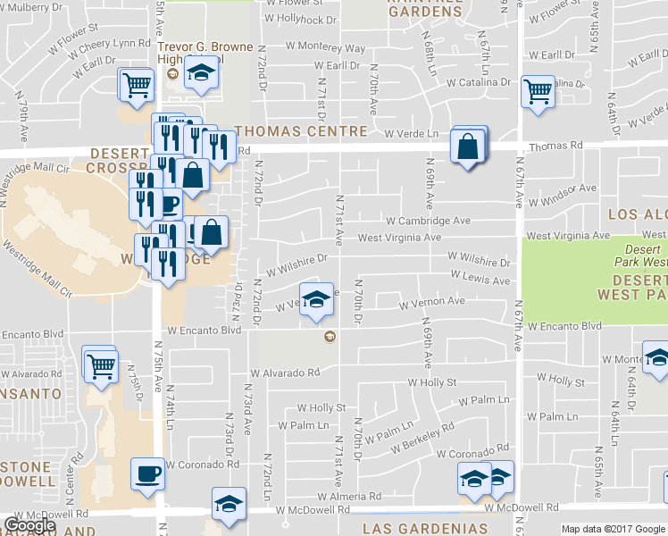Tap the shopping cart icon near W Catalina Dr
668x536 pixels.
538,91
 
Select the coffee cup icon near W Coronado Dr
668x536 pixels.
147,473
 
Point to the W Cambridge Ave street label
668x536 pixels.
428,221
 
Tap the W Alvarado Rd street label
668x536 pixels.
285,373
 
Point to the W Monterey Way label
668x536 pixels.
329,47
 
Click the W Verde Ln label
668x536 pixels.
412,134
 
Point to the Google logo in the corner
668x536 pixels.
29,525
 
